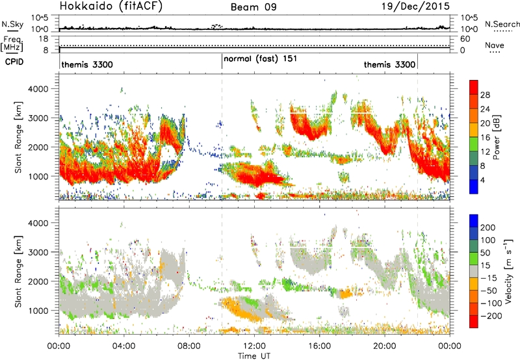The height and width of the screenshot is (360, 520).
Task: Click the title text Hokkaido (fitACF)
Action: click(111, 6)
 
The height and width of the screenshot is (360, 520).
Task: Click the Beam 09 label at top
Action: click(253, 7)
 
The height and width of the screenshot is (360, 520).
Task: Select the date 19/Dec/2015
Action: click(415, 6)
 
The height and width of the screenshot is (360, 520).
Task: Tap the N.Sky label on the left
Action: click(12, 24)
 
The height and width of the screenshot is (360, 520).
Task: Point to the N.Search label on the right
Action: click(502, 24)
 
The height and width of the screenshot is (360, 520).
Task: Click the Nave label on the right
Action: click(495, 45)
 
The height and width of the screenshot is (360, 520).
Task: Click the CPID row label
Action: click(14, 62)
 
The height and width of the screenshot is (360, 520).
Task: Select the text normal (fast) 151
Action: click(261, 59)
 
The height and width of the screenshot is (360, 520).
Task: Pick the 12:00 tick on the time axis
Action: click(254, 346)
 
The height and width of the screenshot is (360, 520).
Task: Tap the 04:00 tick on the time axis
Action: click(123, 346)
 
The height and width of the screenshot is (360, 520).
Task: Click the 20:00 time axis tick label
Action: click(385, 346)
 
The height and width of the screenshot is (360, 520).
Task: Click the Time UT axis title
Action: click(254, 356)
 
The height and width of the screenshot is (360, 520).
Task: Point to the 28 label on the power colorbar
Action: click(485, 95)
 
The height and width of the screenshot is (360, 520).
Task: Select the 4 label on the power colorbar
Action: click(482, 181)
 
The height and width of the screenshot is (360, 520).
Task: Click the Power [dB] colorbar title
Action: click(497, 137)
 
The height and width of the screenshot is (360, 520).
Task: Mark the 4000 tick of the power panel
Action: click(39, 89)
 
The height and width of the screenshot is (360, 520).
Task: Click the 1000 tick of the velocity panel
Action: click(39, 311)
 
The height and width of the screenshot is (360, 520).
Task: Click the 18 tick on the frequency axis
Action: click(44, 39)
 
